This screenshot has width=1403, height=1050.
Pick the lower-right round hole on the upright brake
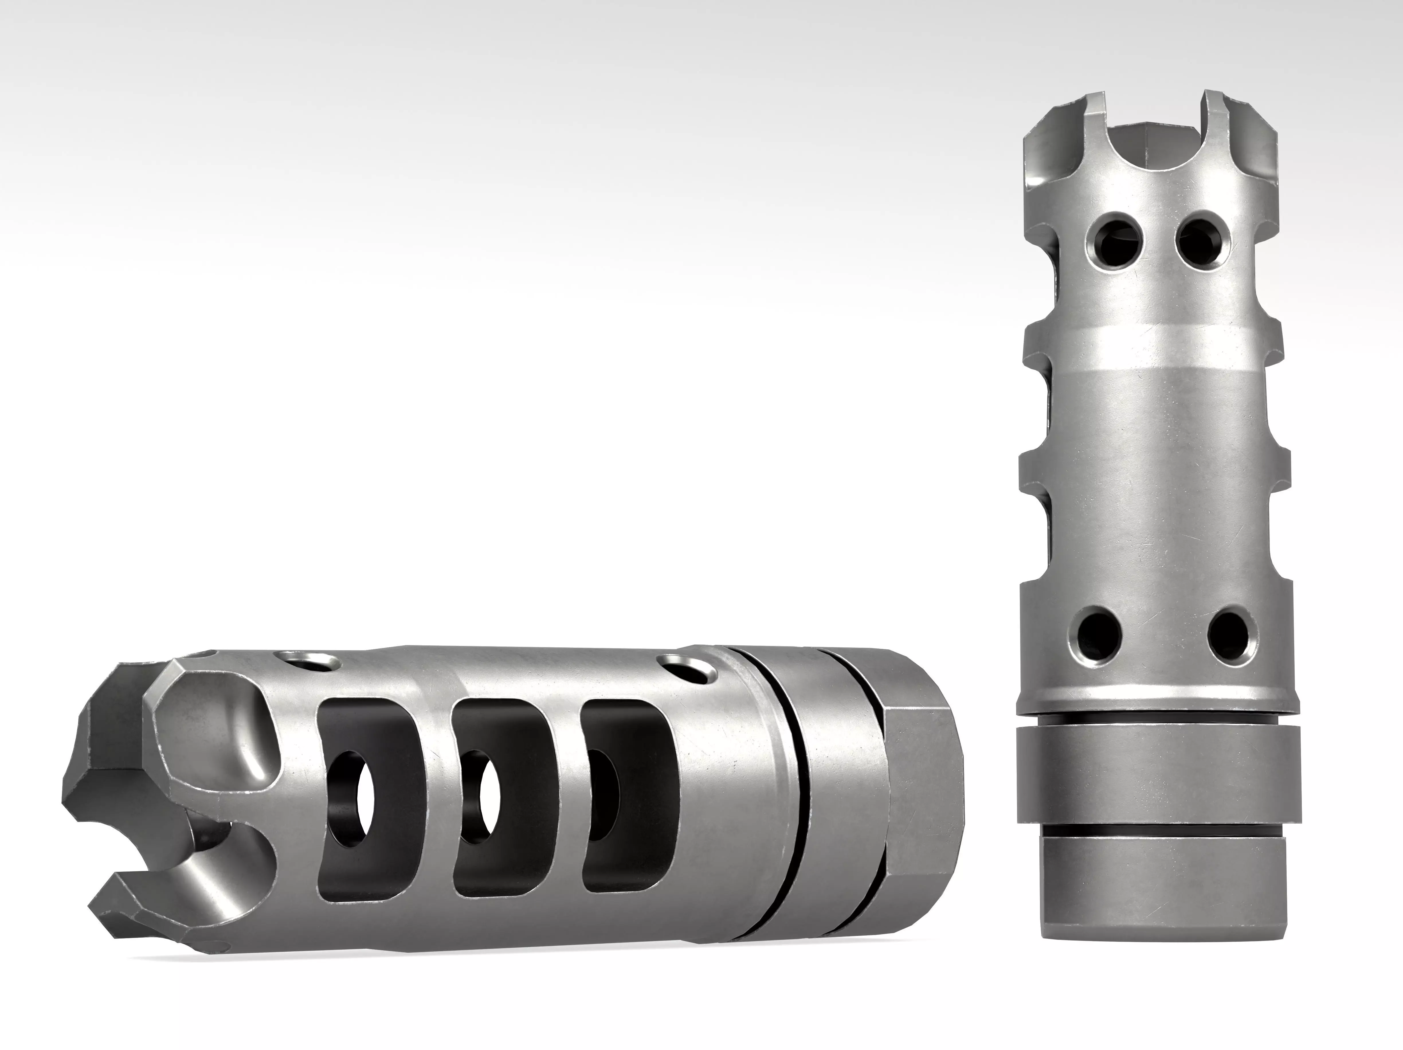1229,634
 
